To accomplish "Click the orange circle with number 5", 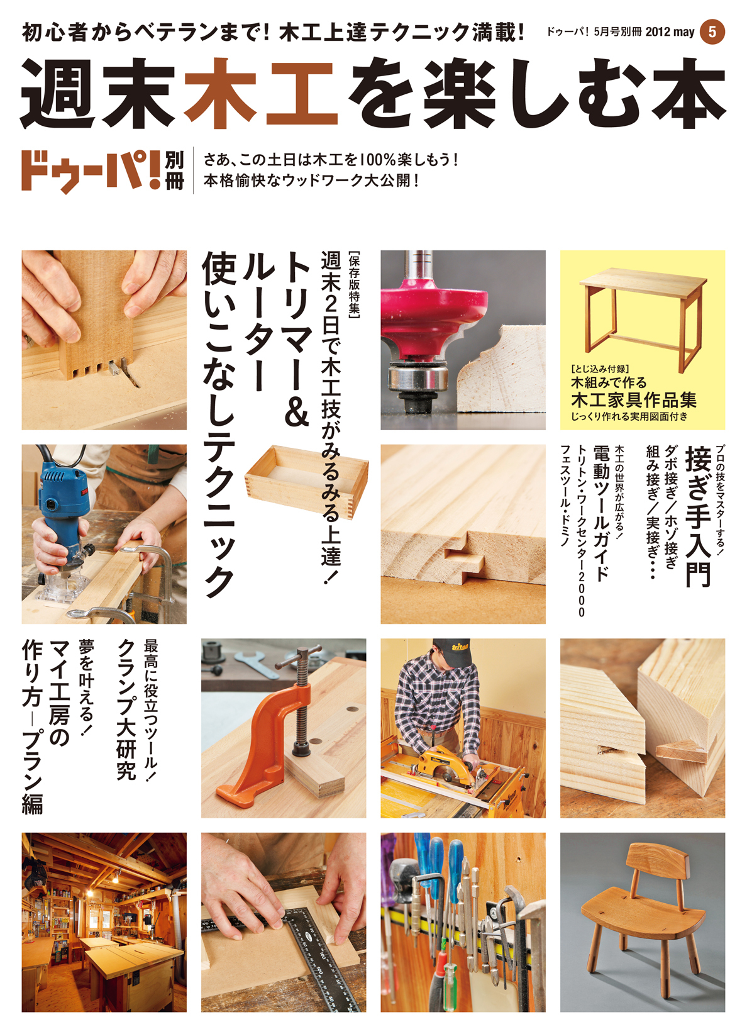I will (712, 31).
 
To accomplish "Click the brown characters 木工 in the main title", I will (261, 92).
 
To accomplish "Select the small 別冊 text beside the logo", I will (174, 170).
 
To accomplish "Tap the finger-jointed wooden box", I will (306, 481).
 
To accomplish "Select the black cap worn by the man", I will (454, 651).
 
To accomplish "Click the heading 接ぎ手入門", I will (698, 516).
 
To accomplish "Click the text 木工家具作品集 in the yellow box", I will (633, 400).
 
